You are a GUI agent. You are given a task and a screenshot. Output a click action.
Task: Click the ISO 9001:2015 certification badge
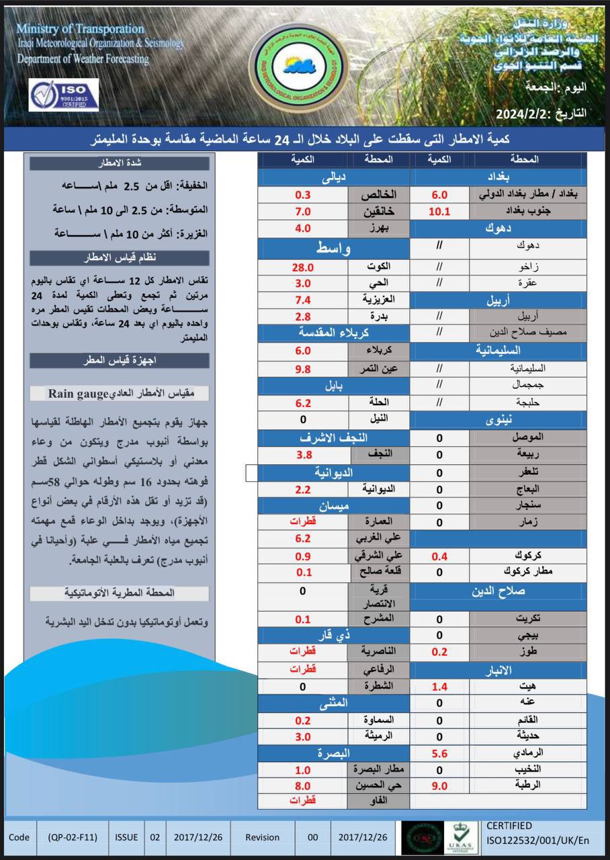(64, 95)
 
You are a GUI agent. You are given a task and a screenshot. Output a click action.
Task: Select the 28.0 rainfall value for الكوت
(303, 267)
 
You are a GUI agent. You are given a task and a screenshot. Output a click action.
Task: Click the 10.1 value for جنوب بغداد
(439, 212)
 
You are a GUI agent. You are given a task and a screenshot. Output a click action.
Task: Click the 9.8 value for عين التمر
(303, 369)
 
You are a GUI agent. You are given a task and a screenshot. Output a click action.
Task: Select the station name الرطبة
(527, 785)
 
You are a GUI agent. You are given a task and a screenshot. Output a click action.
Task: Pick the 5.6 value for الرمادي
(439, 753)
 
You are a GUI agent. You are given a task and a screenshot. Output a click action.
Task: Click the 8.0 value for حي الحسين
(303, 785)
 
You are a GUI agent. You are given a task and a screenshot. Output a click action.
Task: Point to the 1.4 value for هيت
(439, 687)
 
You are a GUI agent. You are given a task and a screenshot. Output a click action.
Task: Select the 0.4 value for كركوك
(439, 556)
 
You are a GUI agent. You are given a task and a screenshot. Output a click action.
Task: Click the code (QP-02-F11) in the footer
(73, 837)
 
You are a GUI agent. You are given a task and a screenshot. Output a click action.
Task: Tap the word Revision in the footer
(262, 837)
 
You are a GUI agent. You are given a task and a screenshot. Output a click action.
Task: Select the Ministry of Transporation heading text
(80, 29)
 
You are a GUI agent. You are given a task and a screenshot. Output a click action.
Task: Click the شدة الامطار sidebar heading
(119, 163)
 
